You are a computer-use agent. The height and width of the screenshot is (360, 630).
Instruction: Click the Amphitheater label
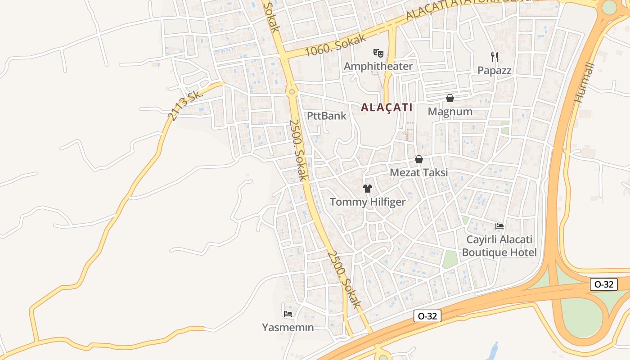378,66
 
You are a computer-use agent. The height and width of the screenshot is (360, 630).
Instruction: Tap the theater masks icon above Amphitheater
378,54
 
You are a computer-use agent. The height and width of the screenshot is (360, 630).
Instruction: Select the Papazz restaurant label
495,70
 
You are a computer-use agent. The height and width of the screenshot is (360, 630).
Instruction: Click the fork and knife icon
495,57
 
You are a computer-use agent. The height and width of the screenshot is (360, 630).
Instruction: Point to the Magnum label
450,112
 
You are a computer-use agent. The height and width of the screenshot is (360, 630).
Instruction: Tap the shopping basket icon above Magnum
450,98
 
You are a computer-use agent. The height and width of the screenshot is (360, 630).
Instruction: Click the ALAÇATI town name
387,108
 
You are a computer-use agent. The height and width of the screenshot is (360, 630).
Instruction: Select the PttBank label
327,116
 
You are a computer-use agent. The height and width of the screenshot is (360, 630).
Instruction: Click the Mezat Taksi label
418,172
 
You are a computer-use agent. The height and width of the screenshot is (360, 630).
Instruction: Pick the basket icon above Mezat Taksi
419,159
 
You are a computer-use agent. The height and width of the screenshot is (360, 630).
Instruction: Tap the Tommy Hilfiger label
368,202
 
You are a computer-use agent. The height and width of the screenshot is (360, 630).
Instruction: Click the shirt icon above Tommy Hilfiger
368,189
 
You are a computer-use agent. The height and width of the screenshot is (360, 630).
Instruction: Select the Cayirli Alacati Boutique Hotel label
499,246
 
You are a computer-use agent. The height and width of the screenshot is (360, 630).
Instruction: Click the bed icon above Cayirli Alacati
499,226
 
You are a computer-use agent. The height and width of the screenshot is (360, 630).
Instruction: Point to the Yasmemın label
288,327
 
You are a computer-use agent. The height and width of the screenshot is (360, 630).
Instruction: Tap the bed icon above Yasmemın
288,314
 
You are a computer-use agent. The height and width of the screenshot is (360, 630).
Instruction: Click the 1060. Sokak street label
335,45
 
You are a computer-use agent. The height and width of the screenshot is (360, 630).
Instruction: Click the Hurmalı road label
585,82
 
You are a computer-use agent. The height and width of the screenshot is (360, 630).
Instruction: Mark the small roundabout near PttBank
292,92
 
